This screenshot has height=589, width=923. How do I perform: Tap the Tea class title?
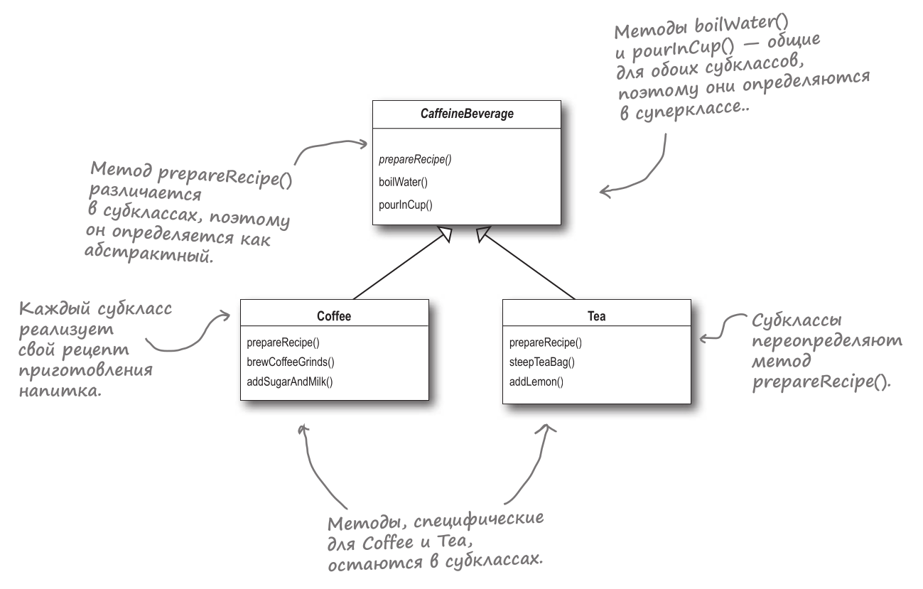coord(597,316)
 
